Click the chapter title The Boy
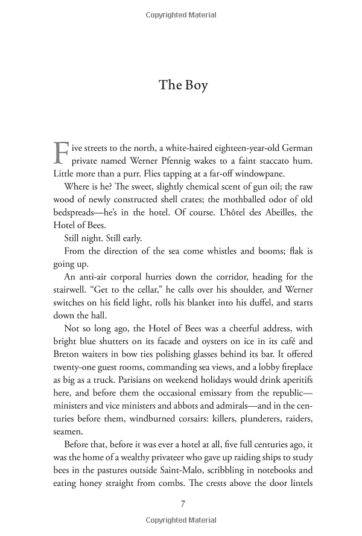pos(183,85)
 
